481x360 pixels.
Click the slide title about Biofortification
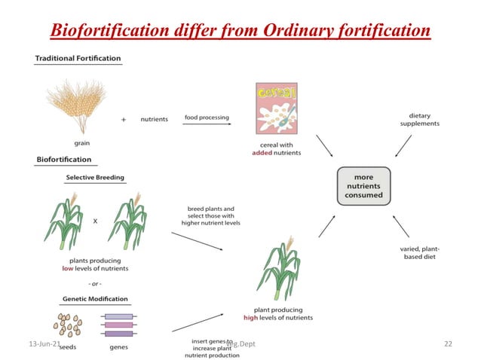240,31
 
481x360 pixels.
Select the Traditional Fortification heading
78,59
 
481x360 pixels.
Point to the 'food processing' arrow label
207,117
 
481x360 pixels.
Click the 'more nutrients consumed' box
363,186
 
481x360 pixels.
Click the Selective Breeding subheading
95,178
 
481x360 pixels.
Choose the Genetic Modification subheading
95,299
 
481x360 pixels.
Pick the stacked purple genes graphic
118,325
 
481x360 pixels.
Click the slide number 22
448,343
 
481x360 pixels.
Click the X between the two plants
94,221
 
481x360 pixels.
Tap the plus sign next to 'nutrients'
124,119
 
